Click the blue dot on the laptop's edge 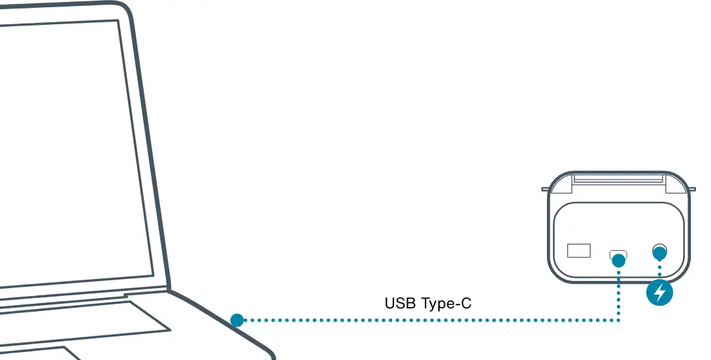[237, 320]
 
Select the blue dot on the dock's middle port [619, 259]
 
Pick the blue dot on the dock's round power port [659, 252]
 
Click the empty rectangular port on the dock [578, 250]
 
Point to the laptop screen [72, 150]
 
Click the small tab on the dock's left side [545, 189]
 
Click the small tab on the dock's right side [693, 189]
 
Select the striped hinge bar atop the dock [618, 178]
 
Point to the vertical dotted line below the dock [619, 294]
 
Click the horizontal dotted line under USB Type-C [425, 320]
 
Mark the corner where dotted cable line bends [619, 320]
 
